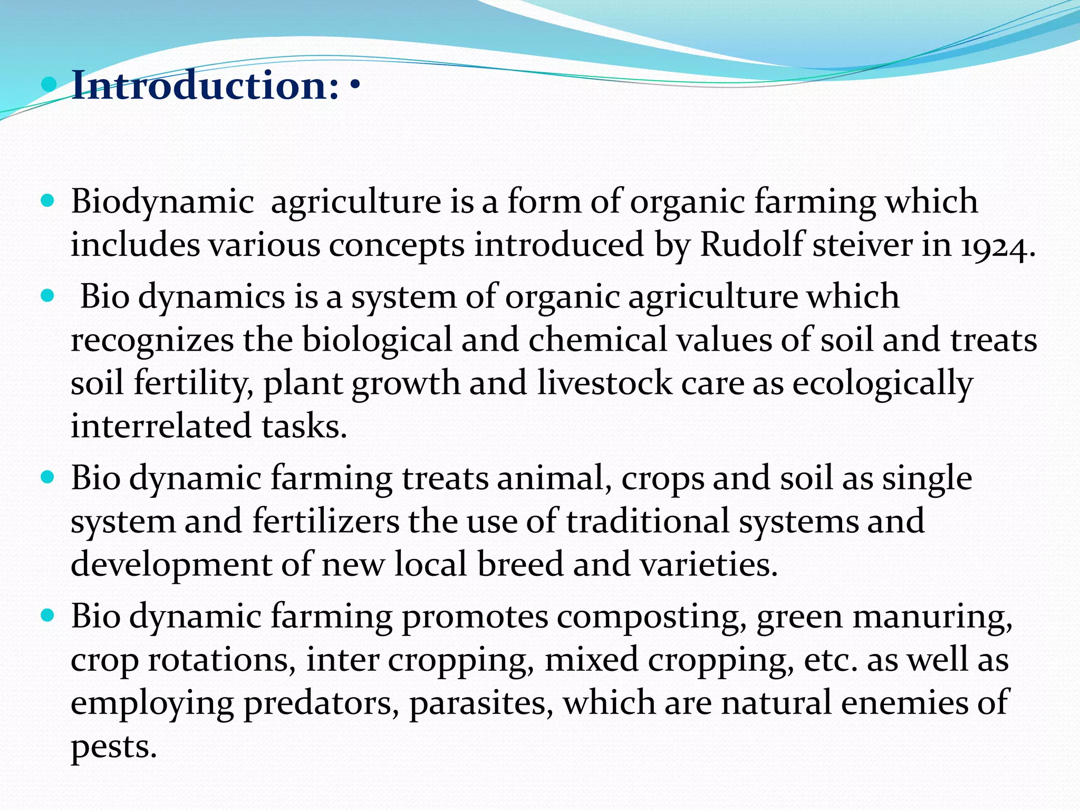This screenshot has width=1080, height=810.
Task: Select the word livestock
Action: coord(605,383)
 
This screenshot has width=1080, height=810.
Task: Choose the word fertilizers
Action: coord(325,522)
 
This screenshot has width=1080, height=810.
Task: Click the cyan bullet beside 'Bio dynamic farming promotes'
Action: coord(47,615)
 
